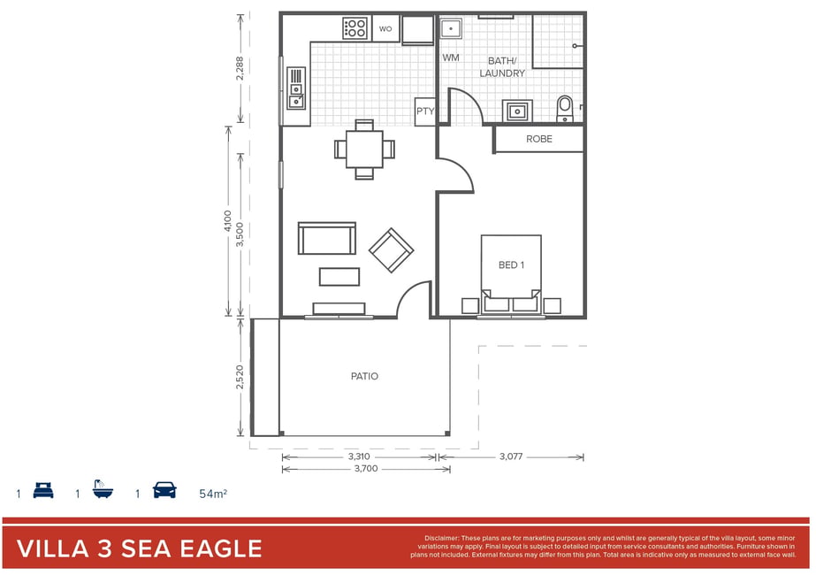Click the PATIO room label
click(364, 376)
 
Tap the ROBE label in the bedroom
click(539, 139)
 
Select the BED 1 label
click(511, 265)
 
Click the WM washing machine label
click(451, 57)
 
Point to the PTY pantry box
click(425, 111)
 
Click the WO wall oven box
click(385, 28)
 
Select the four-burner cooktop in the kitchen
click(355, 28)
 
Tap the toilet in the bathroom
click(565, 108)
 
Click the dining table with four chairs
click(364, 149)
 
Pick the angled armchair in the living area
click(392, 250)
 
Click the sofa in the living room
click(327, 238)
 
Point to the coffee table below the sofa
click(339, 277)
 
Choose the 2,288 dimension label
click(240, 68)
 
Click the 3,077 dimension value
click(511, 456)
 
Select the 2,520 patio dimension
click(240, 377)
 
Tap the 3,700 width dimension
click(366, 468)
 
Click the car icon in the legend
click(164, 490)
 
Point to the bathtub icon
click(103, 489)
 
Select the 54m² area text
click(213, 494)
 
